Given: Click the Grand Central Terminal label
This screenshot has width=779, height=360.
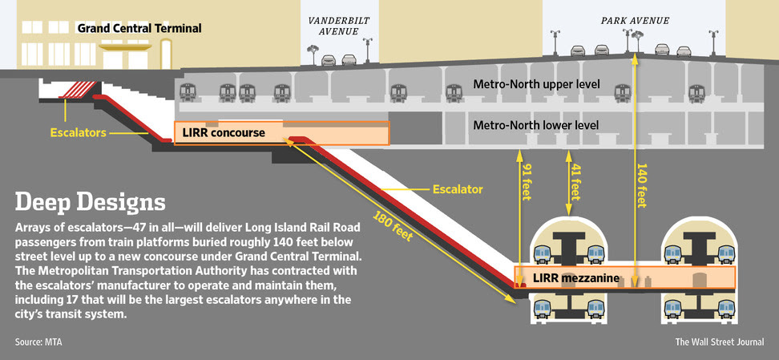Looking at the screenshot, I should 139,29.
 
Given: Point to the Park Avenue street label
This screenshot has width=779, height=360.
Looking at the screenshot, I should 635,20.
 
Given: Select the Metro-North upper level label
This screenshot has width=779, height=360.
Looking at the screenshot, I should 536,84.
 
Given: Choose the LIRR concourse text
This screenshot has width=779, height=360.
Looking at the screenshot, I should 222,132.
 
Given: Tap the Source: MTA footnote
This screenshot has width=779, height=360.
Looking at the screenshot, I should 38,342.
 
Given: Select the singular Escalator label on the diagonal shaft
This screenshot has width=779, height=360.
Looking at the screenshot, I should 458,190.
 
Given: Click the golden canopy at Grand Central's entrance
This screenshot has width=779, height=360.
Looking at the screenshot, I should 127,47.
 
